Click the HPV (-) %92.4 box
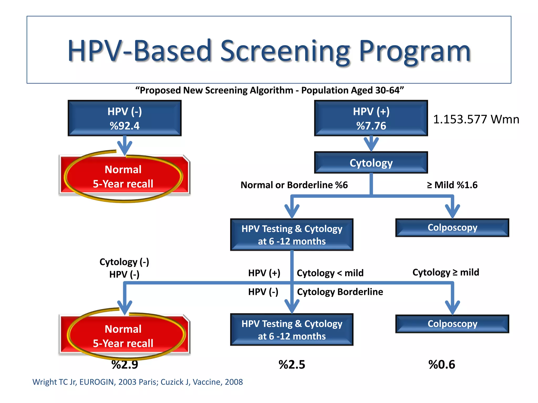[x=125, y=118]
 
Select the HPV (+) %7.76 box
[x=371, y=118]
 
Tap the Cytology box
[x=371, y=163]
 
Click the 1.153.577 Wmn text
[x=476, y=119]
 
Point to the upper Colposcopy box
[x=452, y=227]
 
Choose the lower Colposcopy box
[x=452, y=324]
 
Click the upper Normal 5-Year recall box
[x=123, y=176]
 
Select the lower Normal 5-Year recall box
[x=123, y=336]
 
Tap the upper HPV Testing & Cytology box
[x=292, y=235]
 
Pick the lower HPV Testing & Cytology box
[x=292, y=330]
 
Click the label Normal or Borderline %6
[x=294, y=185]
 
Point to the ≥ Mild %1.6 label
[x=452, y=185]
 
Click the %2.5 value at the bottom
[x=292, y=365]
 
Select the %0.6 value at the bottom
[x=442, y=365]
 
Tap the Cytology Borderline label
[x=340, y=292]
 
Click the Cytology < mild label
[x=330, y=273]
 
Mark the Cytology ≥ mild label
[x=446, y=272]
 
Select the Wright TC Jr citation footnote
[x=137, y=382]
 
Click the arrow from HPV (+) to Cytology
[x=371, y=144]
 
